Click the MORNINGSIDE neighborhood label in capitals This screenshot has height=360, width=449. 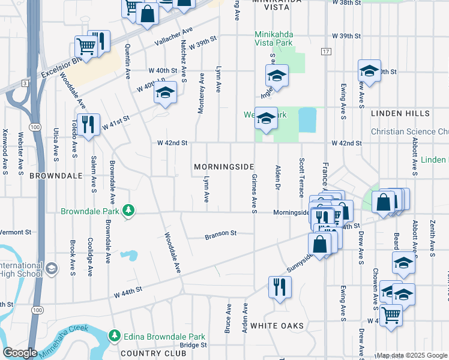pyautogui.click(x=223, y=166)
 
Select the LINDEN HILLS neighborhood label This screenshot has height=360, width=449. pyautogui.click(x=400, y=113)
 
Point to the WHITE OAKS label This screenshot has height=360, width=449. pyautogui.click(x=277, y=325)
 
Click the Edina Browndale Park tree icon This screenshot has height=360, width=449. pyautogui.click(x=113, y=337)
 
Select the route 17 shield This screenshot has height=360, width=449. pyautogui.click(x=326, y=52)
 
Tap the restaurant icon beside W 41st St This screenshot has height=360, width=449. pyautogui.click(x=88, y=124)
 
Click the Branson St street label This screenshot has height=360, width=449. pyautogui.click(x=221, y=233)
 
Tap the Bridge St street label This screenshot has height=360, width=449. pyautogui.click(x=193, y=345)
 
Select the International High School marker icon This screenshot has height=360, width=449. pyautogui.click(x=52, y=267)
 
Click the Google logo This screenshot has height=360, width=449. pyautogui.click(x=20, y=353)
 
